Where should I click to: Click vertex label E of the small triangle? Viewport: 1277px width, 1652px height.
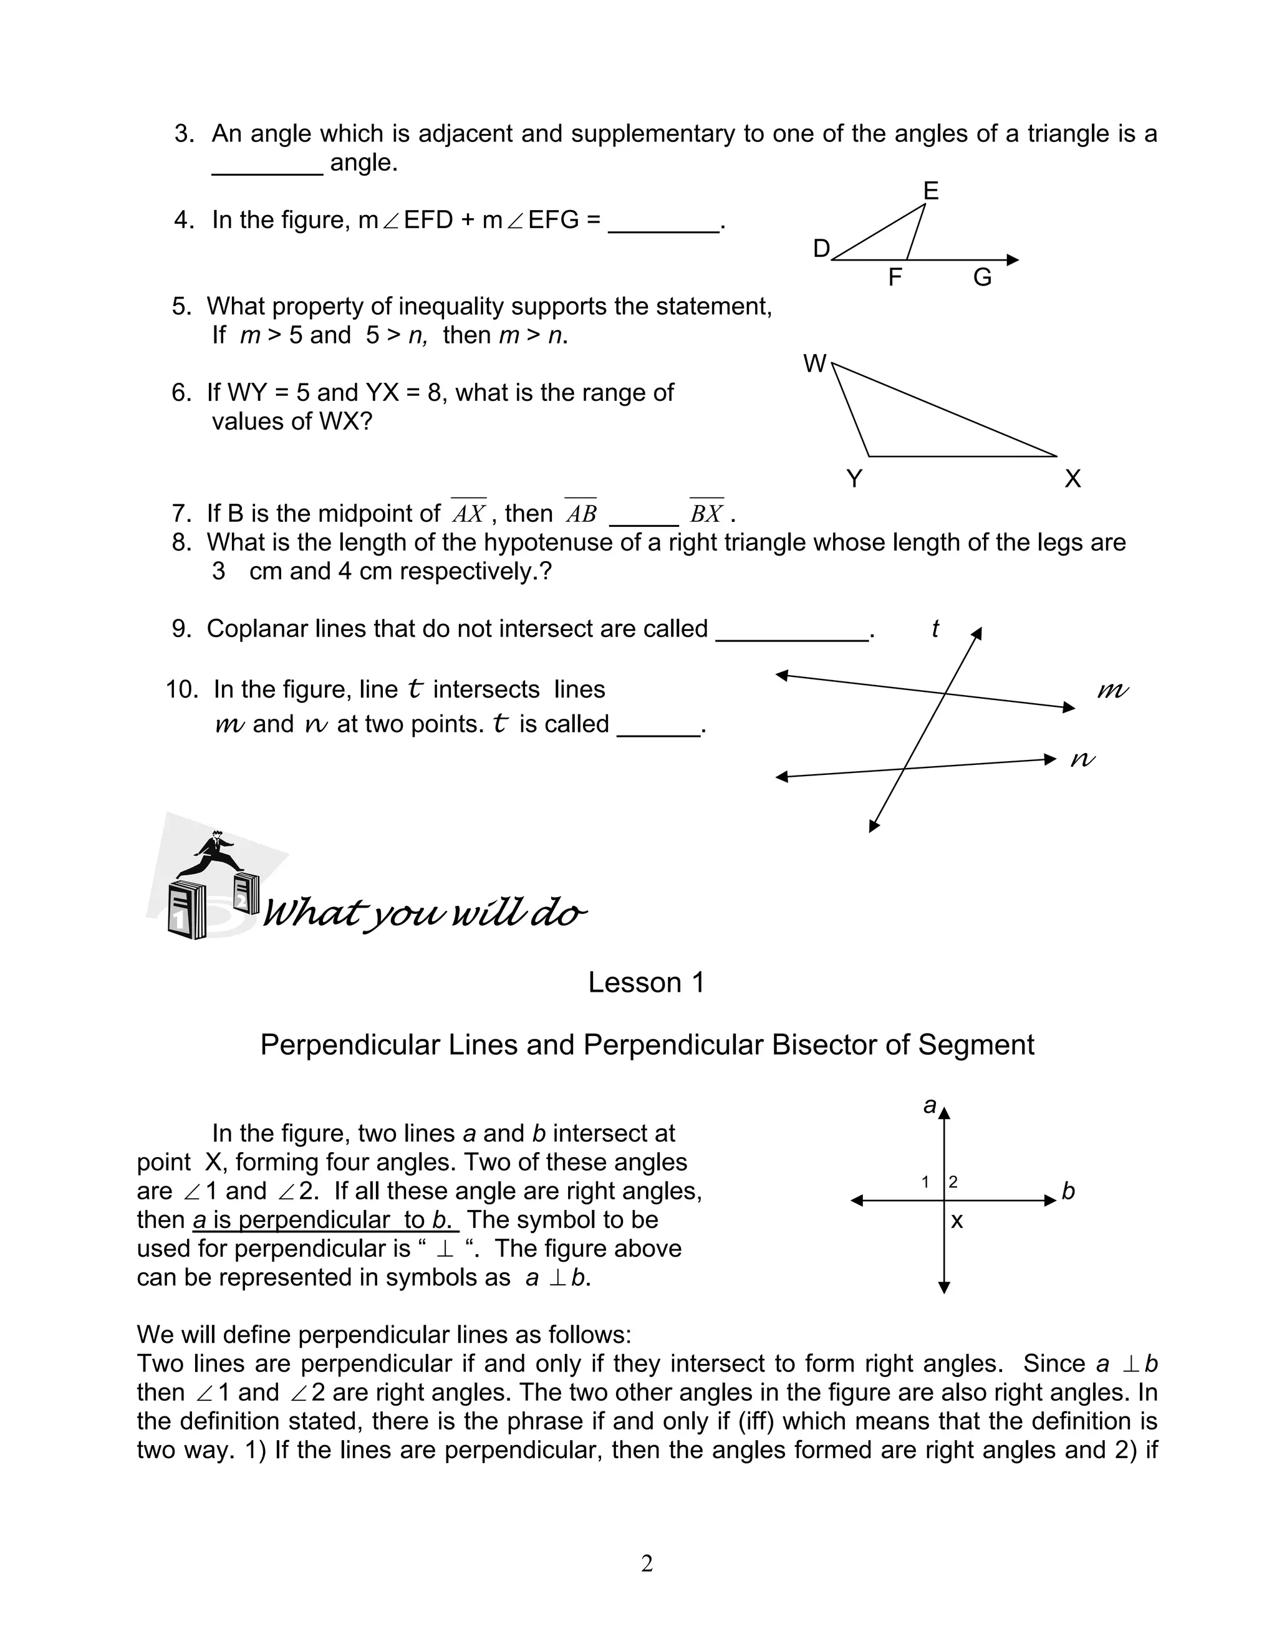point(930,191)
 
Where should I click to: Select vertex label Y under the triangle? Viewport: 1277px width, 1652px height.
point(854,479)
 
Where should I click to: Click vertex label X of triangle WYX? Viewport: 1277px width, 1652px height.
point(1072,479)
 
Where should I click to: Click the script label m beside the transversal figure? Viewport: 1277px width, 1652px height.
point(1112,690)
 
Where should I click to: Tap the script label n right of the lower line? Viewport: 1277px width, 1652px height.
point(1082,759)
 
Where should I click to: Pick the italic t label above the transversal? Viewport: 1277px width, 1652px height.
point(935,628)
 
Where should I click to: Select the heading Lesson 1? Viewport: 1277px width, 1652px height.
point(646,982)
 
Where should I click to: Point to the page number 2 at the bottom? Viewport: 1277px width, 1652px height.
point(646,1563)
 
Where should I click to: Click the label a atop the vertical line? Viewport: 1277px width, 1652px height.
point(930,1105)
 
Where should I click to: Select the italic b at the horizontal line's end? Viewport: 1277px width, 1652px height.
point(1068,1191)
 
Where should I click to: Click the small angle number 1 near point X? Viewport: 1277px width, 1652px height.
point(925,1182)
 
